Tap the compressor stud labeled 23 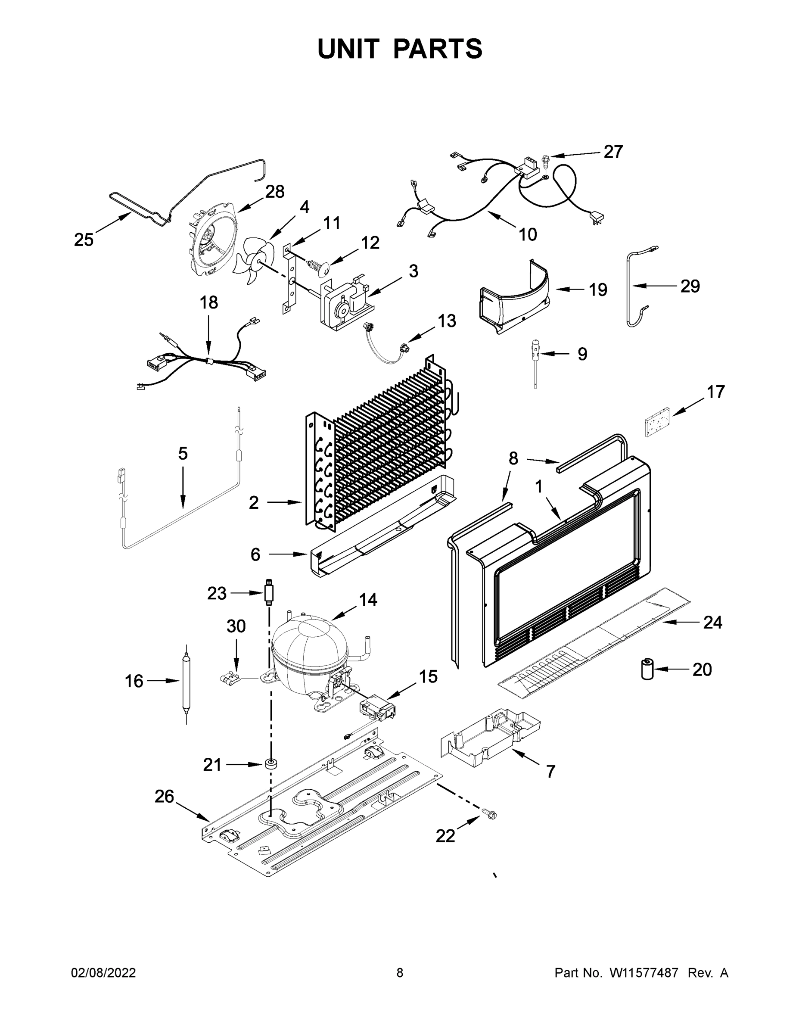click(269, 592)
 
